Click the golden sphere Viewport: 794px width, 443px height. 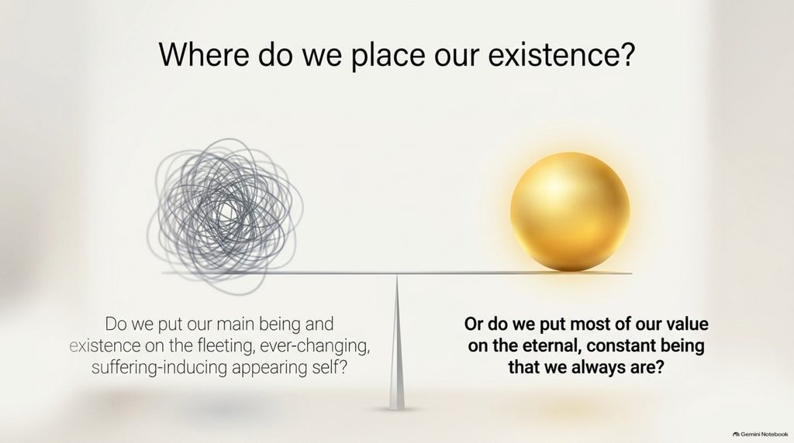pyautogui.click(x=570, y=212)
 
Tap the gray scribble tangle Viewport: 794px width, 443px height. pyautogui.click(x=226, y=216)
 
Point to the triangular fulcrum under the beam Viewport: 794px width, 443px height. pyautogui.click(x=396, y=342)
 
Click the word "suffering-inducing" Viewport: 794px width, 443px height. pyautogui.click(x=161, y=368)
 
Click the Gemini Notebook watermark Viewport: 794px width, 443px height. pyautogui.click(x=761, y=434)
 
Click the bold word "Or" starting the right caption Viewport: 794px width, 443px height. pyautogui.click(x=473, y=325)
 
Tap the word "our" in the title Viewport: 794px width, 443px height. pyautogui.click(x=456, y=57)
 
